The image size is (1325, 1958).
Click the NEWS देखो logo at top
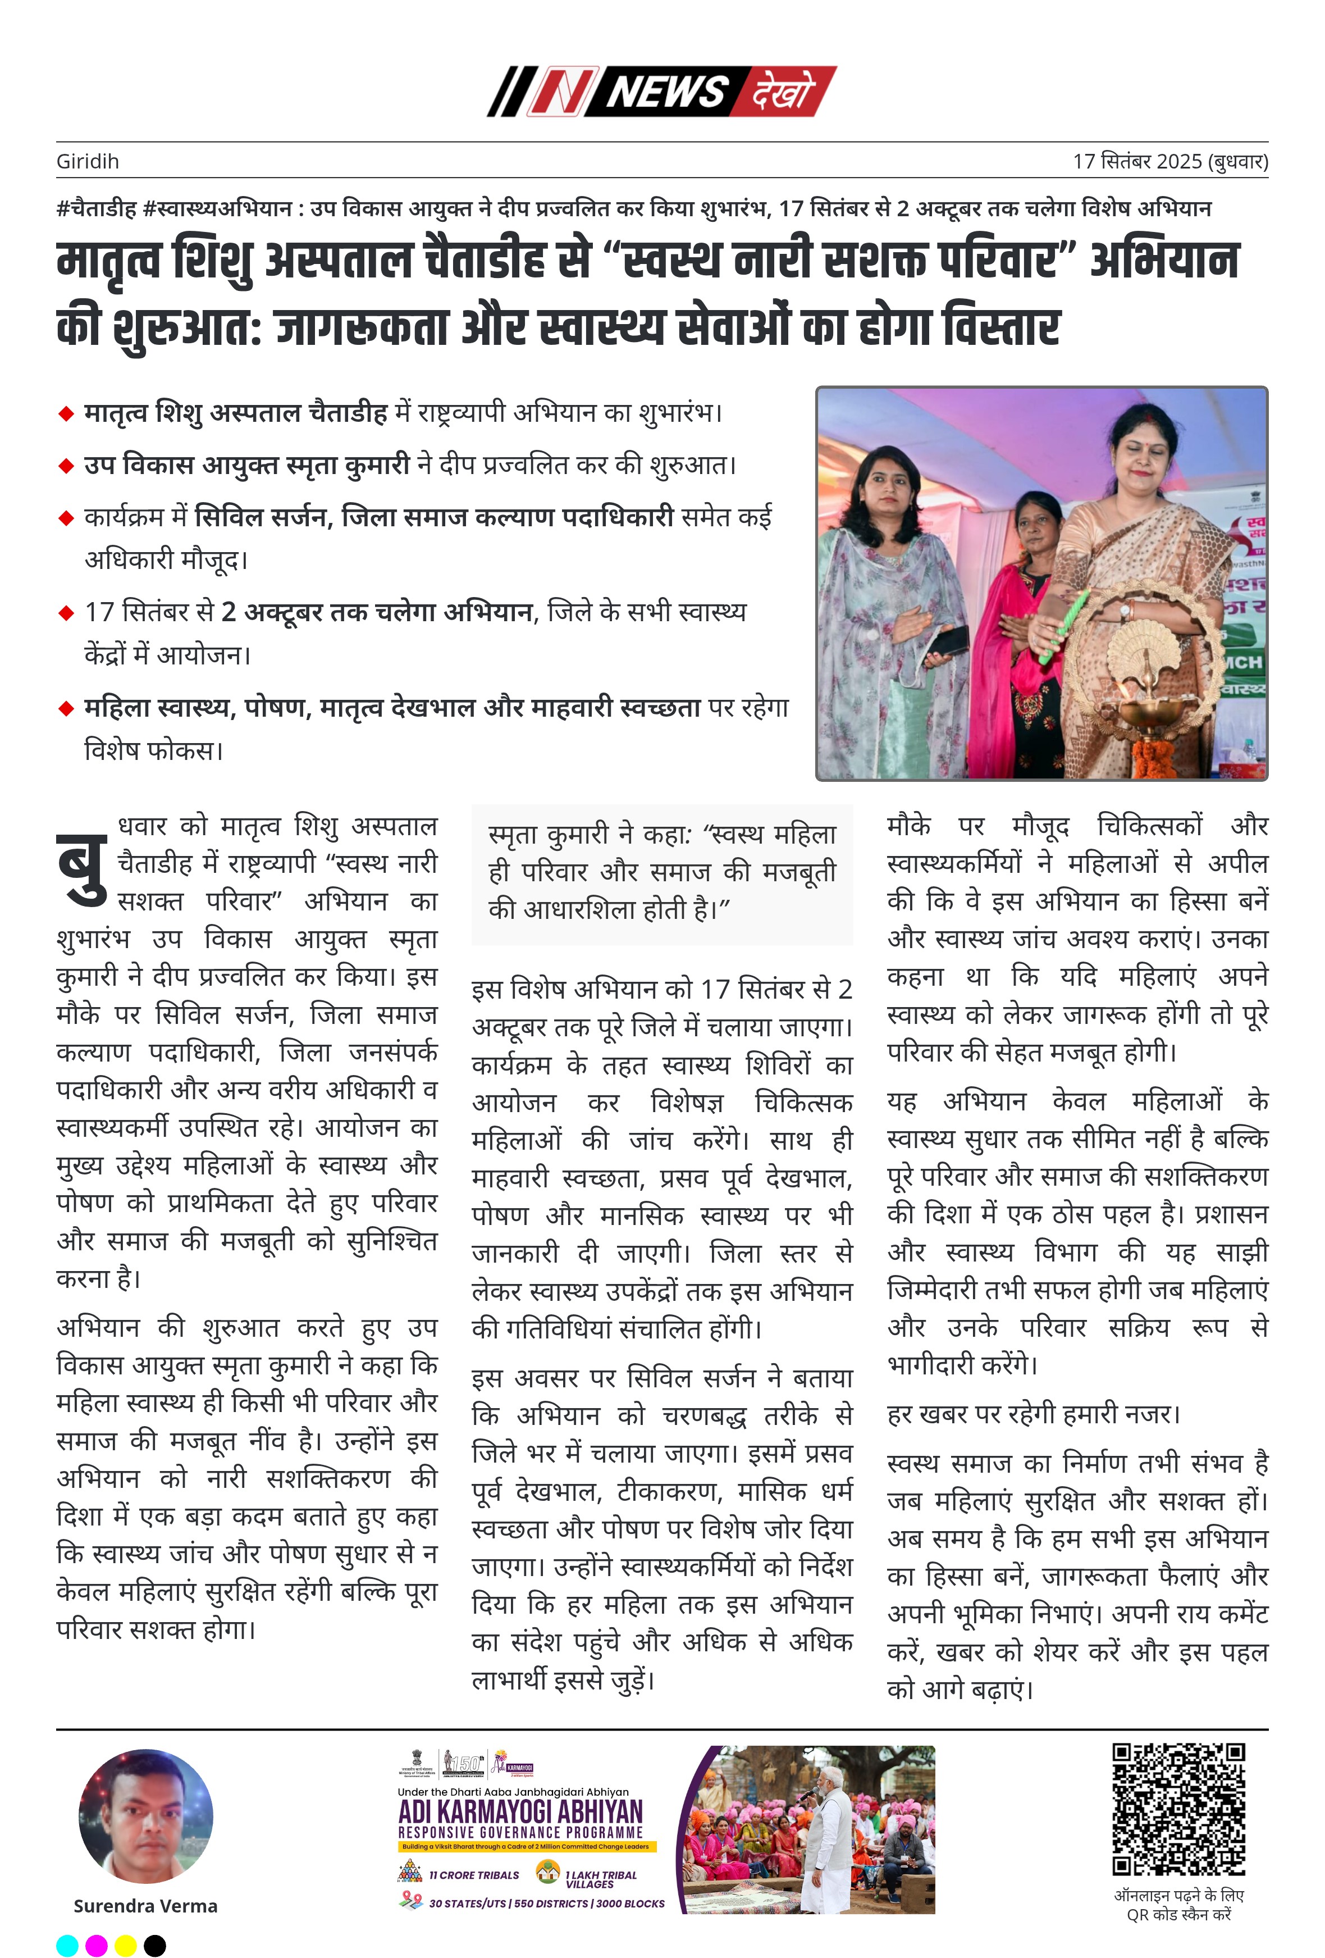click(661, 91)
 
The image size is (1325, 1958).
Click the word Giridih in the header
click(88, 161)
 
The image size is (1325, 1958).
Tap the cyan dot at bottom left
click(67, 1946)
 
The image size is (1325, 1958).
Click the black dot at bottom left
click(155, 1946)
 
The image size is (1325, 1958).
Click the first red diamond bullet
click(66, 413)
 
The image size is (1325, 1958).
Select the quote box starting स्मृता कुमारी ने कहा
click(662, 873)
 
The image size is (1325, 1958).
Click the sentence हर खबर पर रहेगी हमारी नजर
click(1034, 1414)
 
